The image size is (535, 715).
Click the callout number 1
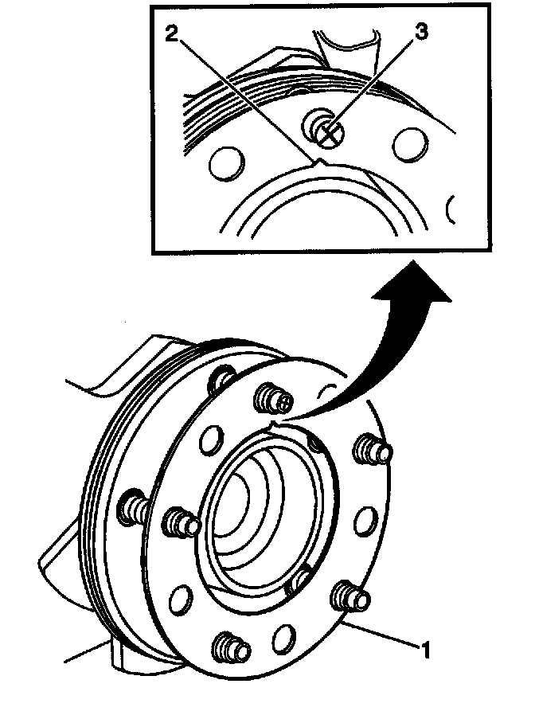coord(427,649)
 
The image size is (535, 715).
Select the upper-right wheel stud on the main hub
coord(374,450)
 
